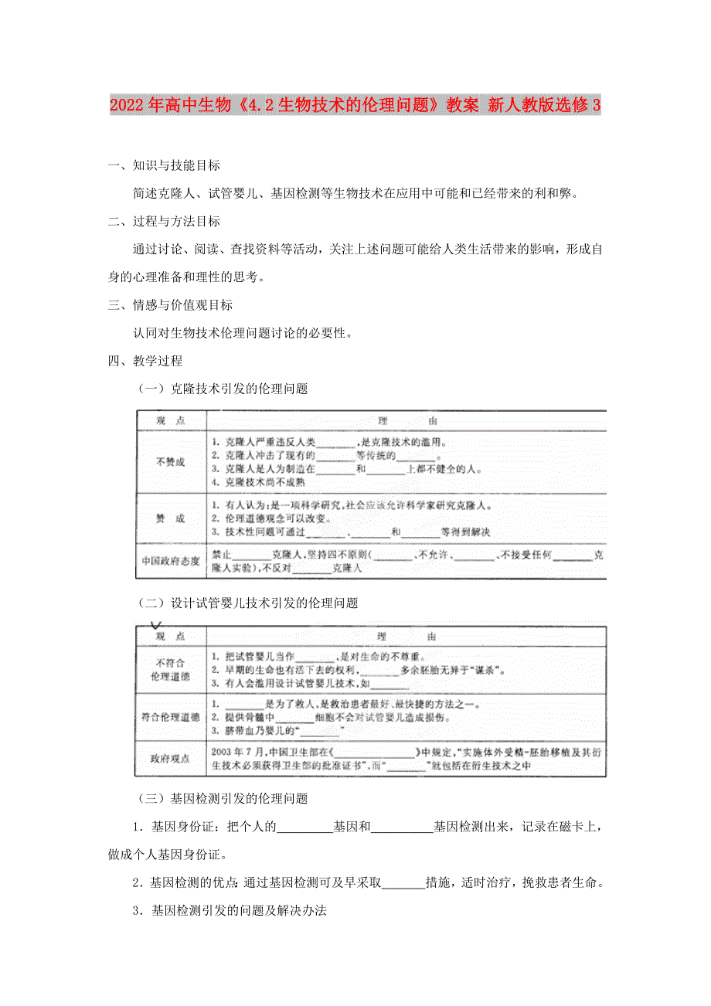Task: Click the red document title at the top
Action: tap(355, 105)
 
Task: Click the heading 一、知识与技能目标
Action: tap(165, 165)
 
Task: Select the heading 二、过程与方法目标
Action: tap(165, 222)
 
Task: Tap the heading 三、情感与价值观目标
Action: tap(171, 305)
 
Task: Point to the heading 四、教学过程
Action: tap(146, 361)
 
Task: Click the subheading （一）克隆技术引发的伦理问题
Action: tap(222, 389)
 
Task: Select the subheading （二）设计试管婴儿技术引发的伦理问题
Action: tap(247, 603)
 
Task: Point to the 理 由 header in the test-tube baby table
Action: tap(407, 637)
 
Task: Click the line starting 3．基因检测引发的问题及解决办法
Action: tap(230, 911)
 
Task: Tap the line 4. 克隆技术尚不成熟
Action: tap(267, 481)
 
